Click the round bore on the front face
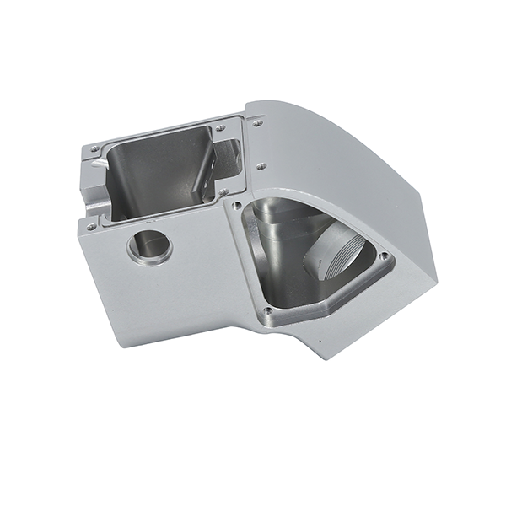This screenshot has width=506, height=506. point(149,247)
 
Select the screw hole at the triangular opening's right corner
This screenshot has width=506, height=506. point(384,256)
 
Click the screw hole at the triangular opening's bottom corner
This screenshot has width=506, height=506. point(268,310)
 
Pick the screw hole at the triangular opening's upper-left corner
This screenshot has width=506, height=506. point(238,205)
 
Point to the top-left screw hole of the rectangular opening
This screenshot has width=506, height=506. point(94,150)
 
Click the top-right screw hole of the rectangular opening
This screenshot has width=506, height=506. point(219,128)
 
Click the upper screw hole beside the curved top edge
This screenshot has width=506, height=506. point(257,123)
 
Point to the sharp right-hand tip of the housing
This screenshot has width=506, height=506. point(438,279)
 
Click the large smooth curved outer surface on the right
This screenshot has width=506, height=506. point(354,169)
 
